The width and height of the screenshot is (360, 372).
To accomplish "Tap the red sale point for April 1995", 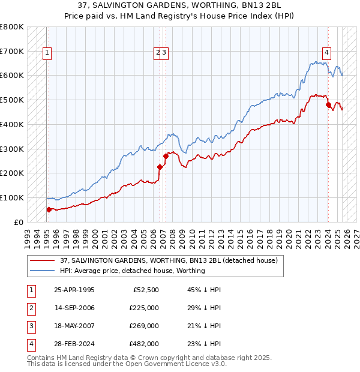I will pos(49,209).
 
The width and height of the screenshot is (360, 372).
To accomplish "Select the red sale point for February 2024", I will pos(329,105).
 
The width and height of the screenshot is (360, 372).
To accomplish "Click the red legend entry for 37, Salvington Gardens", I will pos(168,261).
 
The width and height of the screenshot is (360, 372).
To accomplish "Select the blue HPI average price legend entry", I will pos(132,271).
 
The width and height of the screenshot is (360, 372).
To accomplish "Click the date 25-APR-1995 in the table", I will pos(74,290).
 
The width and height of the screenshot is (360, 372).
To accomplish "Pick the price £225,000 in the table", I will pos(143,308).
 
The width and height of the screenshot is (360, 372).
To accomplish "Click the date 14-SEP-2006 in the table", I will pos(74,308).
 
